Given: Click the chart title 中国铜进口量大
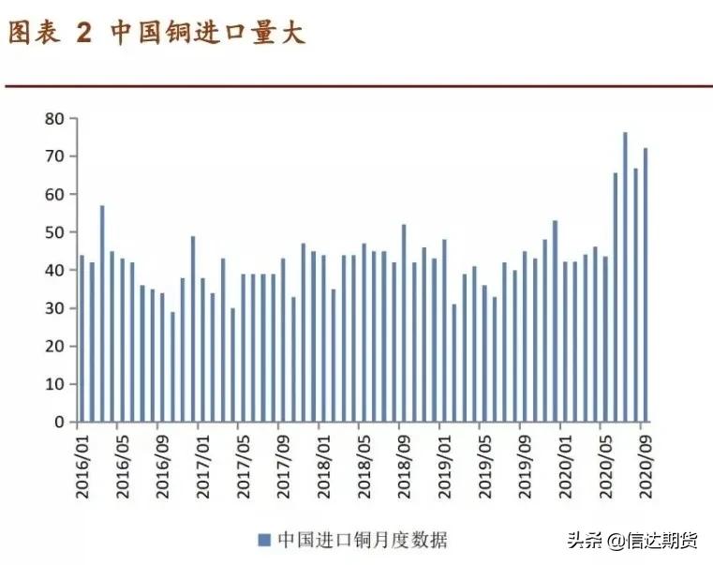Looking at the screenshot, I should point(208,34).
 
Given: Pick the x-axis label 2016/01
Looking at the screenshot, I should point(82,457).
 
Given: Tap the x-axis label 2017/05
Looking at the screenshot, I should point(242,457).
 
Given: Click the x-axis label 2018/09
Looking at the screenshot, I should point(403,457).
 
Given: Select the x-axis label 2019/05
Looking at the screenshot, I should point(483,457).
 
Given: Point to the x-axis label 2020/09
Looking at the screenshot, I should point(644,457).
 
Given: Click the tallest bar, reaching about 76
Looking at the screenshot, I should point(625,277).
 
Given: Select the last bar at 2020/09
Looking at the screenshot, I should point(646,285).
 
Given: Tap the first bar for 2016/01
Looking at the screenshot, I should point(82,338).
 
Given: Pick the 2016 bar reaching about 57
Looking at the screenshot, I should point(102,314).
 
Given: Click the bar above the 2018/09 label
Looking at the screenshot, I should point(404,323).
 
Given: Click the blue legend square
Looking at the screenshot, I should point(264,540).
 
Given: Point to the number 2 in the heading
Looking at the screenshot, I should point(84,34).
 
